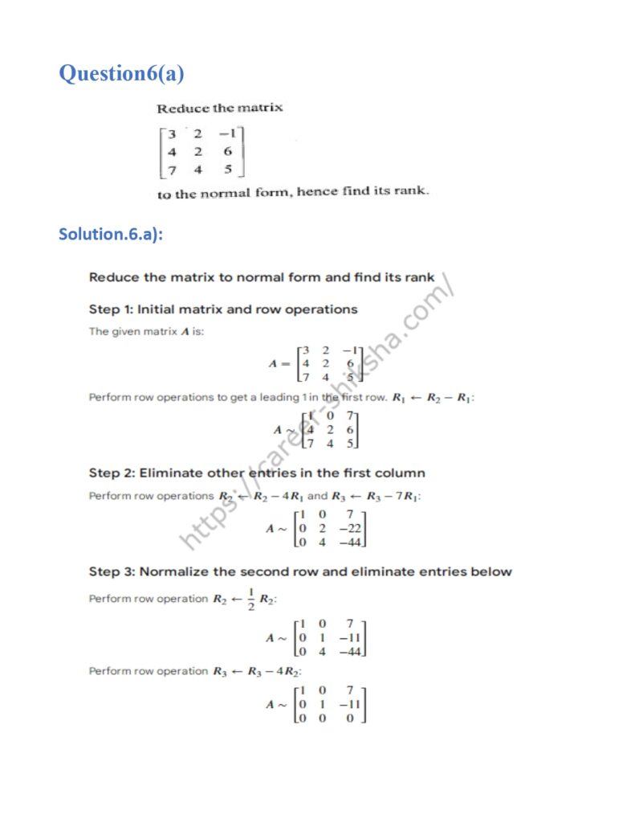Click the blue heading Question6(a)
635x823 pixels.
pyautogui.click(x=121, y=74)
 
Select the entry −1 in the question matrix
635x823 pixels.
pyautogui.click(x=230, y=132)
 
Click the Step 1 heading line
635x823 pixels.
pyautogui.click(x=223, y=309)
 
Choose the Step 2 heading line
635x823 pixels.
pyautogui.click(x=257, y=473)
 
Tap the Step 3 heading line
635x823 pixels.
pyautogui.click(x=300, y=571)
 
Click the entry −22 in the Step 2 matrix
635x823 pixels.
pyautogui.click(x=350, y=528)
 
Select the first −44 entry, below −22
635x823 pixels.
pyautogui.click(x=350, y=543)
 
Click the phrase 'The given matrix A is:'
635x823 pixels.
pyautogui.click(x=146, y=331)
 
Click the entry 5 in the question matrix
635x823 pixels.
pyautogui.click(x=228, y=169)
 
